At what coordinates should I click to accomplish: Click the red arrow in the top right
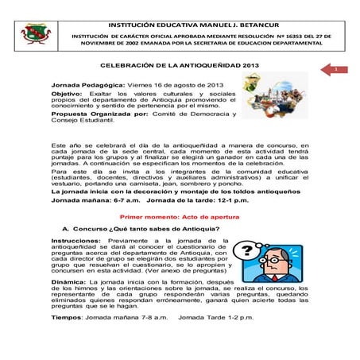tap(335, 72)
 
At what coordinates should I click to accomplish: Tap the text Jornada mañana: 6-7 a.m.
tap(87, 202)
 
